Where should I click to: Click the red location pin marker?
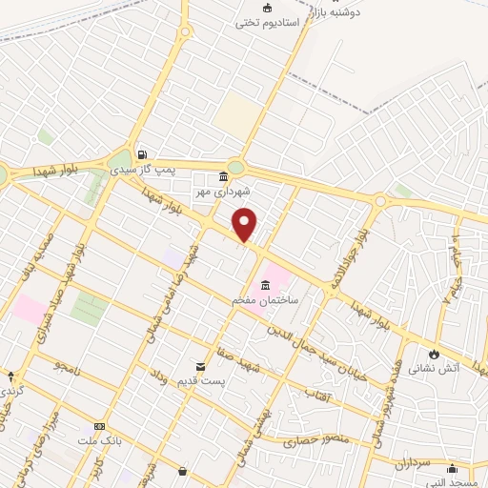click(245, 225)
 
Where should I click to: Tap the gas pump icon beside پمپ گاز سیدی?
click(142, 154)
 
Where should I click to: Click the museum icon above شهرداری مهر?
click(223, 175)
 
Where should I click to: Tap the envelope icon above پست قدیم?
click(200, 366)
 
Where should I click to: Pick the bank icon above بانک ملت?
click(99, 426)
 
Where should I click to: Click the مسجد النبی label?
click(452, 481)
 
